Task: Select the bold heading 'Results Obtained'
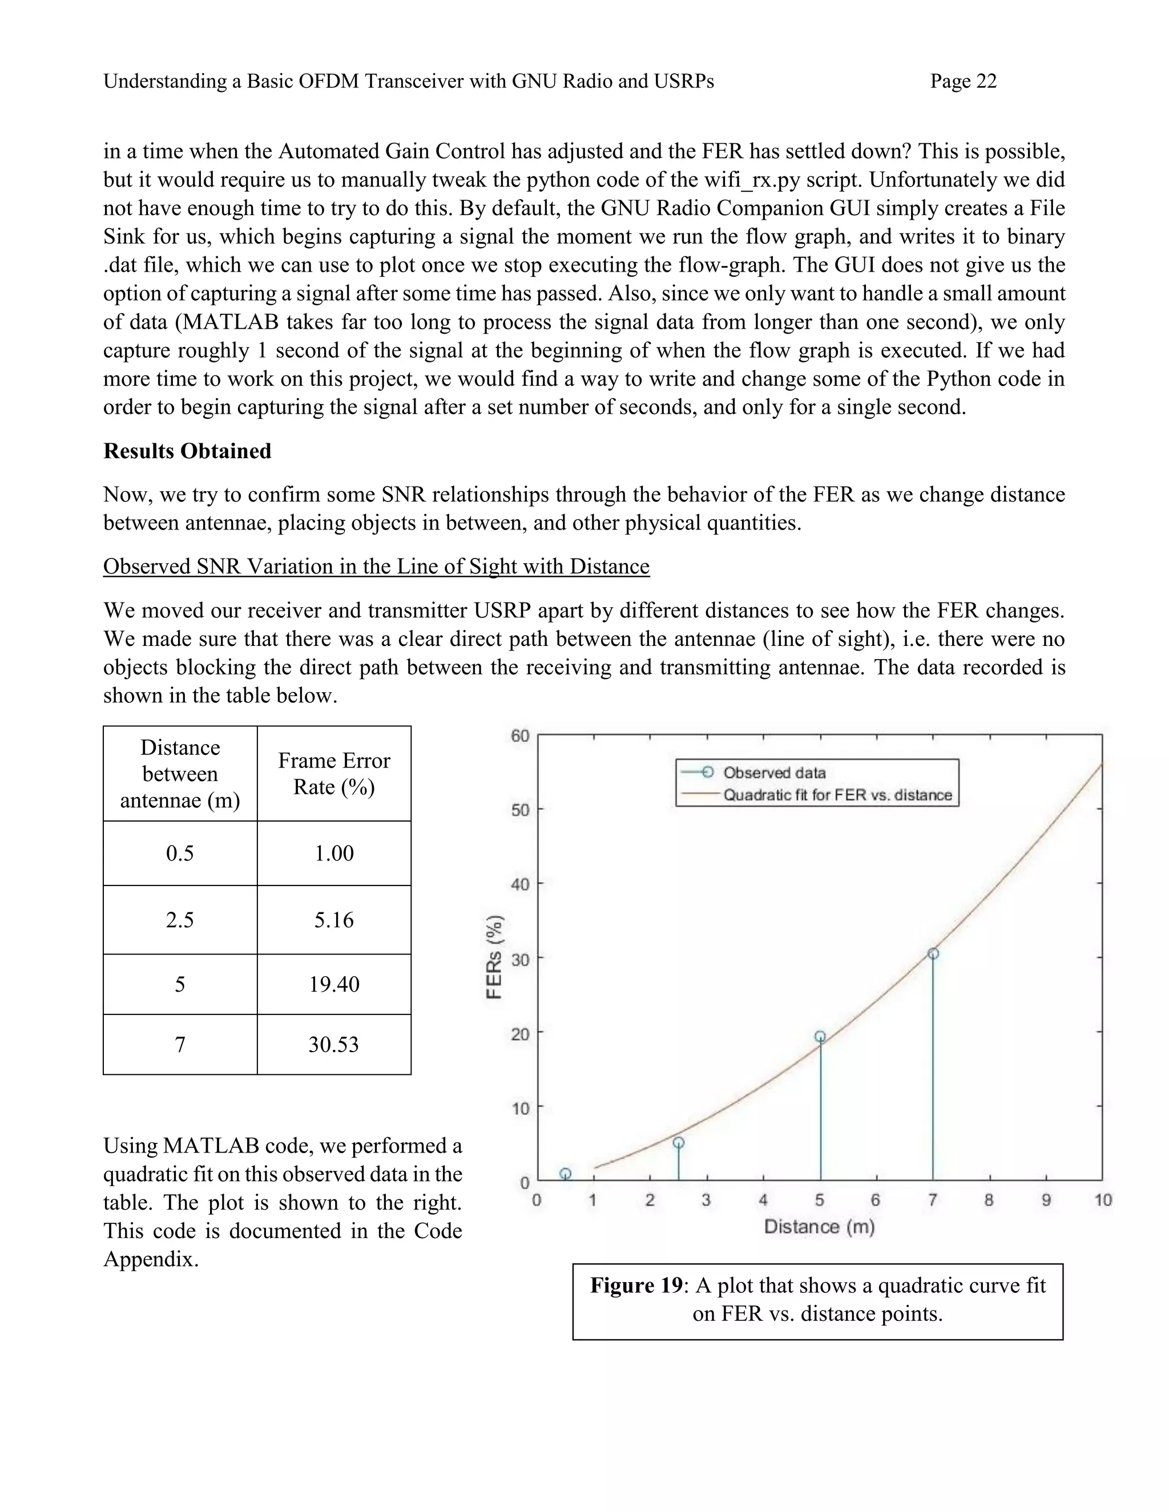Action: (x=187, y=451)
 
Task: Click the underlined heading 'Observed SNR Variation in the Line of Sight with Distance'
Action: (x=376, y=567)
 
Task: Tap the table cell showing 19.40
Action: (x=334, y=984)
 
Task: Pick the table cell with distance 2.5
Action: (x=180, y=920)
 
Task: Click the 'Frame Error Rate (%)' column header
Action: (x=334, y=774)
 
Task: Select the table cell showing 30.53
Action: (x=334, y=1045)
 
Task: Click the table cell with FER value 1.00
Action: (x=334, y=854)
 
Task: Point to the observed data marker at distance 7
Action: (x=933, y=954)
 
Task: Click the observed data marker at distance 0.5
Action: (x=565, y=1174)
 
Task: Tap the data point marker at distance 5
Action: (x=820, y=1036)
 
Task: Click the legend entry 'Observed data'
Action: (x=773, y=773)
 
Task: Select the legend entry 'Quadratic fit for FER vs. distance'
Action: (x=837, y=795)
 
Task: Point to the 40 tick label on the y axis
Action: (x=520, y=884)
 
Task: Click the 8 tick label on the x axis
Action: (x=989, y=1200)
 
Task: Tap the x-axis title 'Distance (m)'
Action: (x=819, y=1227)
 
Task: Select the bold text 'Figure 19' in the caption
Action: (x=636, y=1285)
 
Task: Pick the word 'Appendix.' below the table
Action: (x=151, y=1259)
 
